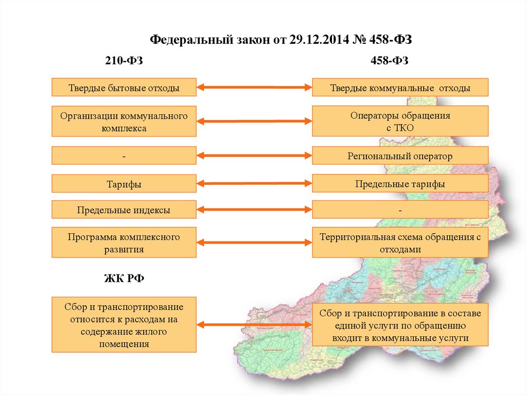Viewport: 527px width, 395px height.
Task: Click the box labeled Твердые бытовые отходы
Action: [124, 87]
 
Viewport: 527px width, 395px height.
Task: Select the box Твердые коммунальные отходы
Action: [400, 87]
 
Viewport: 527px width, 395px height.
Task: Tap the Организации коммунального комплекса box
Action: [124, 122]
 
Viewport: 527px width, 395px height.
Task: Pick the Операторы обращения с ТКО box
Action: [400, 122]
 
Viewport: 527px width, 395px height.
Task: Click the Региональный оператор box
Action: [400, 156]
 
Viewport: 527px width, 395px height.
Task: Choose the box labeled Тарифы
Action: [124, 183]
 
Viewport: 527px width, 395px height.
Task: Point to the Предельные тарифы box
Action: [400, 183]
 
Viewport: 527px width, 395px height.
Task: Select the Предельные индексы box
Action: [124, 210]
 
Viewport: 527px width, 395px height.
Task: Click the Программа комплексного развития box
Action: [124, 242]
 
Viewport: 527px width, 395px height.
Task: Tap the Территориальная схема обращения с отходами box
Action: [400, 242]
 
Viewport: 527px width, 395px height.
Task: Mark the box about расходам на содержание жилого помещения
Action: [124, 325]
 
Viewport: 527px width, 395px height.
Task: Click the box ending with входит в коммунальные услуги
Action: [400, 325]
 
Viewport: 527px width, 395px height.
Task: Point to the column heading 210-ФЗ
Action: [124, 61]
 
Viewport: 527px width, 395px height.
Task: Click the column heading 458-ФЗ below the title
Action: [390, 61]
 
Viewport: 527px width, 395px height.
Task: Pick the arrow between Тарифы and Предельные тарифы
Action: [254, 183]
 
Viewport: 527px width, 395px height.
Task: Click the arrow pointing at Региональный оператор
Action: [254, 156]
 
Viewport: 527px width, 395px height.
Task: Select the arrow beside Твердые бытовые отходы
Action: [254, 88]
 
